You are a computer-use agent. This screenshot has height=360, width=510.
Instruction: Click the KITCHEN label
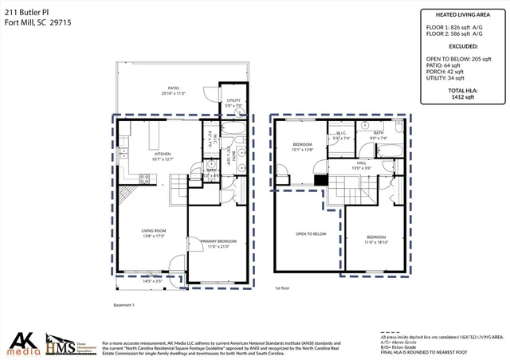click(163, 155)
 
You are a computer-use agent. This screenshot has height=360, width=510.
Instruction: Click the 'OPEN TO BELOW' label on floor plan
click(311, 233)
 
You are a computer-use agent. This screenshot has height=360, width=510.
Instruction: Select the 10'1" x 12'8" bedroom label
click(304, 146)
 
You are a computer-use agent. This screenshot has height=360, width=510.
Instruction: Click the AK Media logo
click(22, 342)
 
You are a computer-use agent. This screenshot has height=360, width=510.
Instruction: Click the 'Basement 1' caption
click(123, 305)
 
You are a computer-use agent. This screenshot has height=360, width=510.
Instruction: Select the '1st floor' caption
click(282, 288)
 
